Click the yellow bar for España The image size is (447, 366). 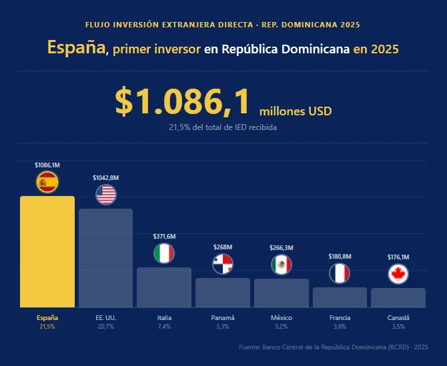tap(47, 251)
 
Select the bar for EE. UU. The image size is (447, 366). tap(105, 258)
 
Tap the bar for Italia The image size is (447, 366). tap(164, 287)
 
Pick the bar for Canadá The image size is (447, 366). tap(398, 297)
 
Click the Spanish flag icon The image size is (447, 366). tap(47, 181)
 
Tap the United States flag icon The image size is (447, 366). tap(106, 195)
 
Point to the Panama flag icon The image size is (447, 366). tap(223, 264)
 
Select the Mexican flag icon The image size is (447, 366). tap(282, 265)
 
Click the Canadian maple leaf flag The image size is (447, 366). tap(398, 274)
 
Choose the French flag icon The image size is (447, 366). tap(340, 273)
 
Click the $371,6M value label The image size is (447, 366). tap(164, 236)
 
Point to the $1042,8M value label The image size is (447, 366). tap(106, 177)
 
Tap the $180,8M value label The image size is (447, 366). tap(340, 256)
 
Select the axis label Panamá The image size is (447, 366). tap(223, 318)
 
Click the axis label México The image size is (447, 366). tap(282, 318)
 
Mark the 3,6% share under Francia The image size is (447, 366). tap(340, 327)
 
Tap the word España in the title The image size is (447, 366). tap(76, 48)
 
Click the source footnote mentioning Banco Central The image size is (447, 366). tap(333, 347)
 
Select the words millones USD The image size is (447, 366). tap(295, 111)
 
